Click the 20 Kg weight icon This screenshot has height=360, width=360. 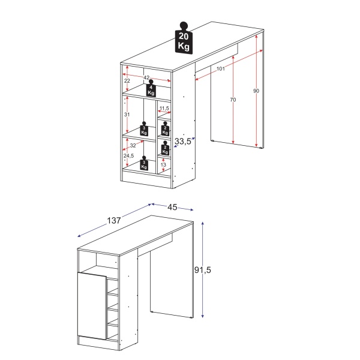click(x=184, y=40)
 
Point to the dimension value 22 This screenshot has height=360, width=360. click(x=127, y=81)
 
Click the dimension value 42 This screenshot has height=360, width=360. click(x=146, y=77)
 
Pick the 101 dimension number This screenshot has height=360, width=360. click(x=220, y=69)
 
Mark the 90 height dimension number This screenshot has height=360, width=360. click(x=256, y=91)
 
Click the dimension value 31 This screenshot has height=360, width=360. click(x=127, y=114)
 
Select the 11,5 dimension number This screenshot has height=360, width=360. click(x=164, y=109)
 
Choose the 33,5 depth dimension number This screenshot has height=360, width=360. click(x=183, y=142)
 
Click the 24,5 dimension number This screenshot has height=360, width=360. click(x=128, y=156)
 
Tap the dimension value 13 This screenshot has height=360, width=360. click(x=163, y=165)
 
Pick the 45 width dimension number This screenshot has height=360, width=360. click(x=172, y=207)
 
